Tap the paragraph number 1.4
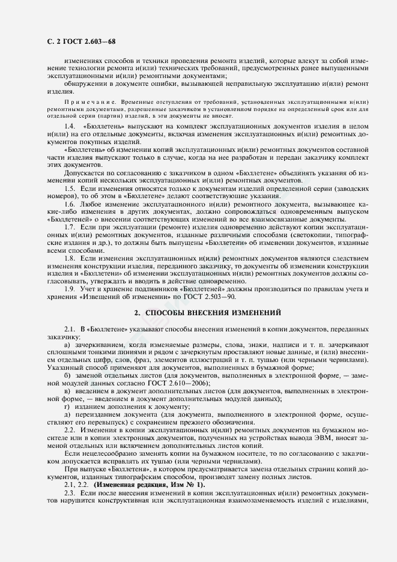click(x=70, y=128)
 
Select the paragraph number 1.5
click(x=70, y=189)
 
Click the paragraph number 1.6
click(x=70, y=204)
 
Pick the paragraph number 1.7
click(x=70, y=228)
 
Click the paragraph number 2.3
click(x=69, y=492)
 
